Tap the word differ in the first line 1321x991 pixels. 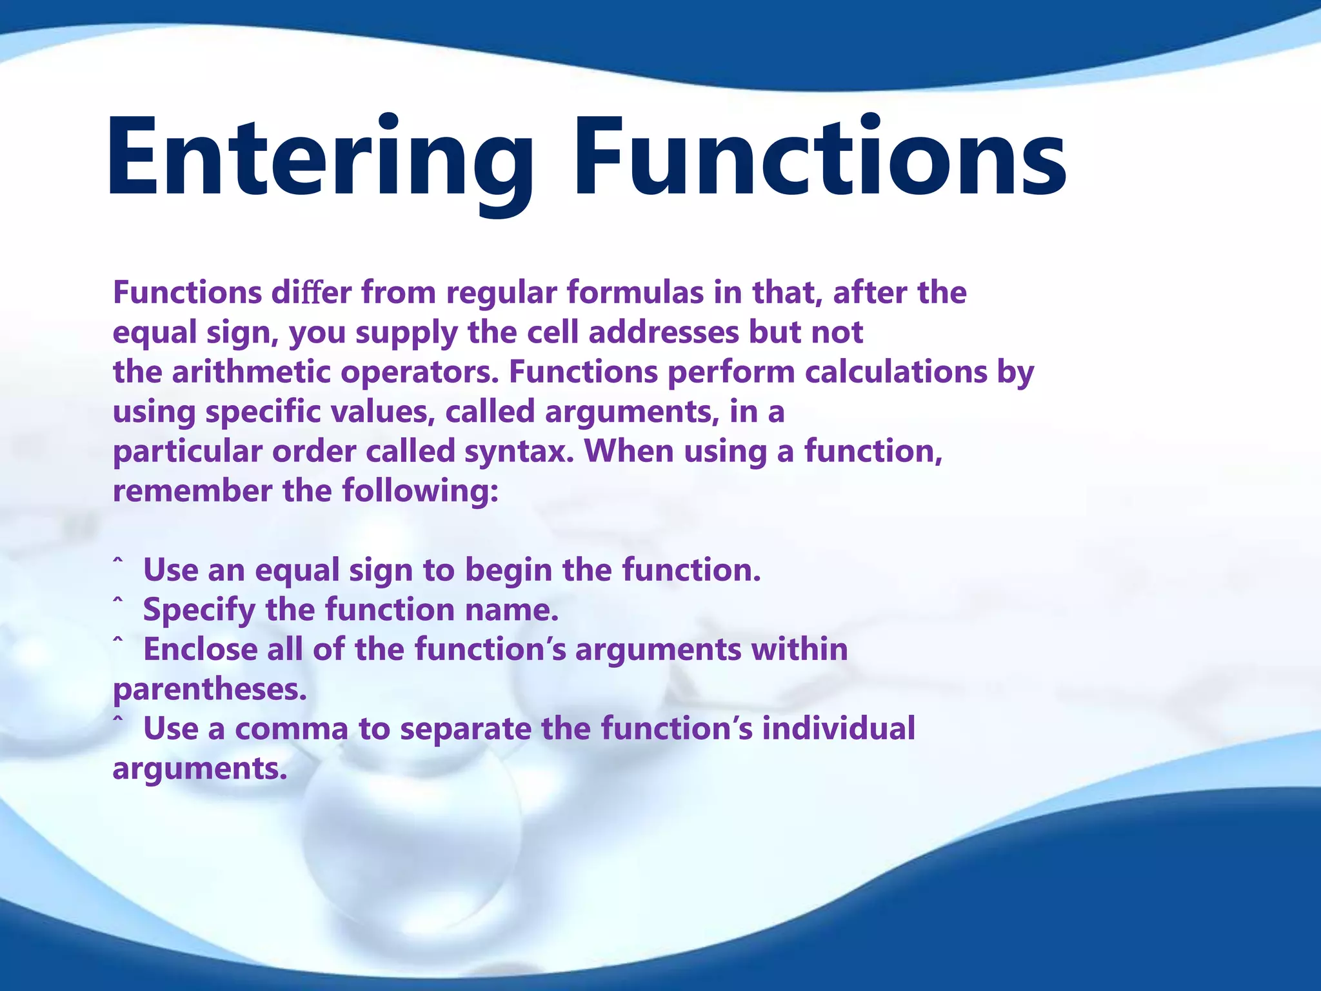point(311,293)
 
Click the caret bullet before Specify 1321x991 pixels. point(117,601)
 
